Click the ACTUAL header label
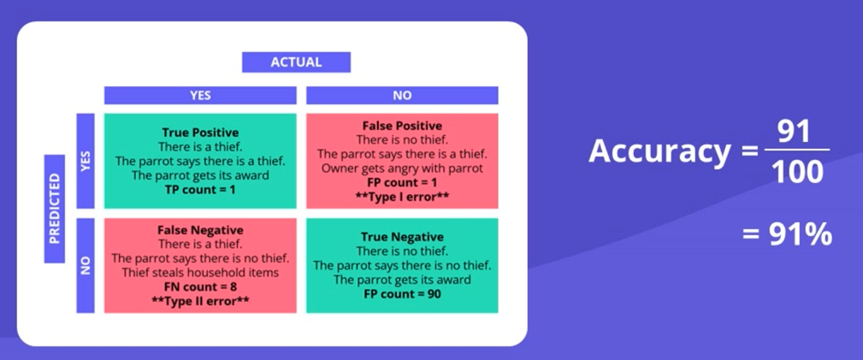pyautogui.click(x=296, y=62)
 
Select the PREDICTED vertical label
pyautogui.click(x=55, y=209)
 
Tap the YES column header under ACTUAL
pyautogui.click(x=200, y=95)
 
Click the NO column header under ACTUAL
pyautogui.click(x=402, y=95)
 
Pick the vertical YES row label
pyautogui.click(x=86, y=162)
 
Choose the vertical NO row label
pyautogui.click(x=86, y=265)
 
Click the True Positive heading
pyautogui.click(x=200, y=133)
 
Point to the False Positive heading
pyautogui.click(x=402, y=126)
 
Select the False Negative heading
pyautogui.click(x=200, y=229)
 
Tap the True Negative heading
pyautogui.click(x=402, y=237)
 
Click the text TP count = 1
pyautogui.click(x=200, y=190)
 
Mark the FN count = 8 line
pyautogui.click(x=200, y=286)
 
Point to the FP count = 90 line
pyautogui.click(x=402, y=294)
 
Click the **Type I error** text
pyautogui.click(x=402, y=197)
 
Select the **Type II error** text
pyautogui.click(x=200, y=301)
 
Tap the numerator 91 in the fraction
pyautogui.click(x=795, y=132)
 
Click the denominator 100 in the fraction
pyautogui.click(x=797, y=171)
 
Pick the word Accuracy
pyautogui.click(x=659, y=151)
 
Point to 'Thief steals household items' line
pyautogui.click(x=200, y=273)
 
